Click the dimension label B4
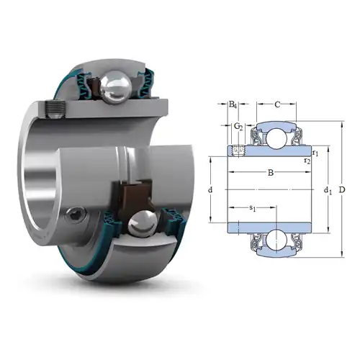(233, 105)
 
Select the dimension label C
(277, 104)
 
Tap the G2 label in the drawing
(238, 127)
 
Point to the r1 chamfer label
(316, 153)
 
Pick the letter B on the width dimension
(270, 173)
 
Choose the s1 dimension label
(253, 209)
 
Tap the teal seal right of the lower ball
(173, 216)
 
